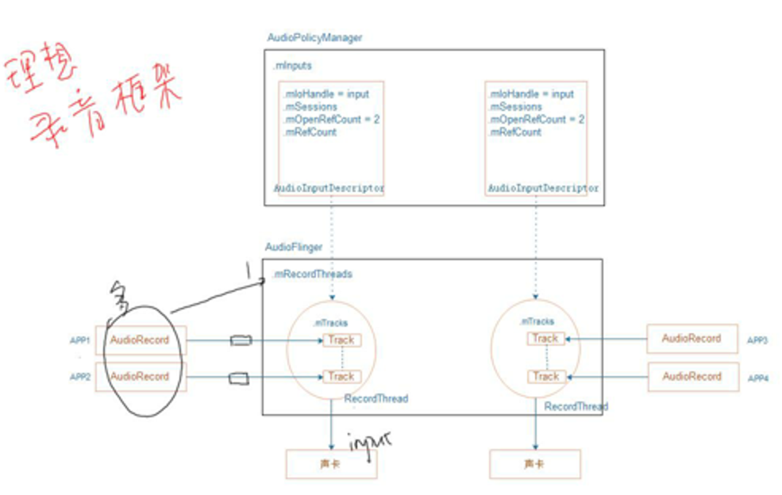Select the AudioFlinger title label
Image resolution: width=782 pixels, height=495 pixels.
[x=294, y=247]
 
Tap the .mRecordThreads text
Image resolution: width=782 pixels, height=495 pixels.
[x=312, y=274]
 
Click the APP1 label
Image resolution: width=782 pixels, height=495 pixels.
[x=80, y=340]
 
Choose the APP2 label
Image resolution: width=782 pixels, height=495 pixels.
[x=80, y=378]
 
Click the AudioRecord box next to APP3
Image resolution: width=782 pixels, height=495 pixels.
[x=691, y=339]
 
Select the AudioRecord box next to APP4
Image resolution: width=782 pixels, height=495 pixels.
[x=691, y=377]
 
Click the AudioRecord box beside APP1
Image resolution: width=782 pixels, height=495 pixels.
[x=140, y=340]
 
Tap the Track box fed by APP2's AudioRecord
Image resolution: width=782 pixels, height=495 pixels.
[x=341, y=377]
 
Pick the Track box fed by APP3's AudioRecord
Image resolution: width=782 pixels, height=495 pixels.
[x=545, y=339]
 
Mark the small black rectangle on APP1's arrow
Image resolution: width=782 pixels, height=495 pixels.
[x=240, y=341]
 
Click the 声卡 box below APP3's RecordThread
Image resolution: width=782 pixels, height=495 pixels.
[x=534, y=463]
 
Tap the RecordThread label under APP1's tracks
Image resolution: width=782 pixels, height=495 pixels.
[x=376, y=399]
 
